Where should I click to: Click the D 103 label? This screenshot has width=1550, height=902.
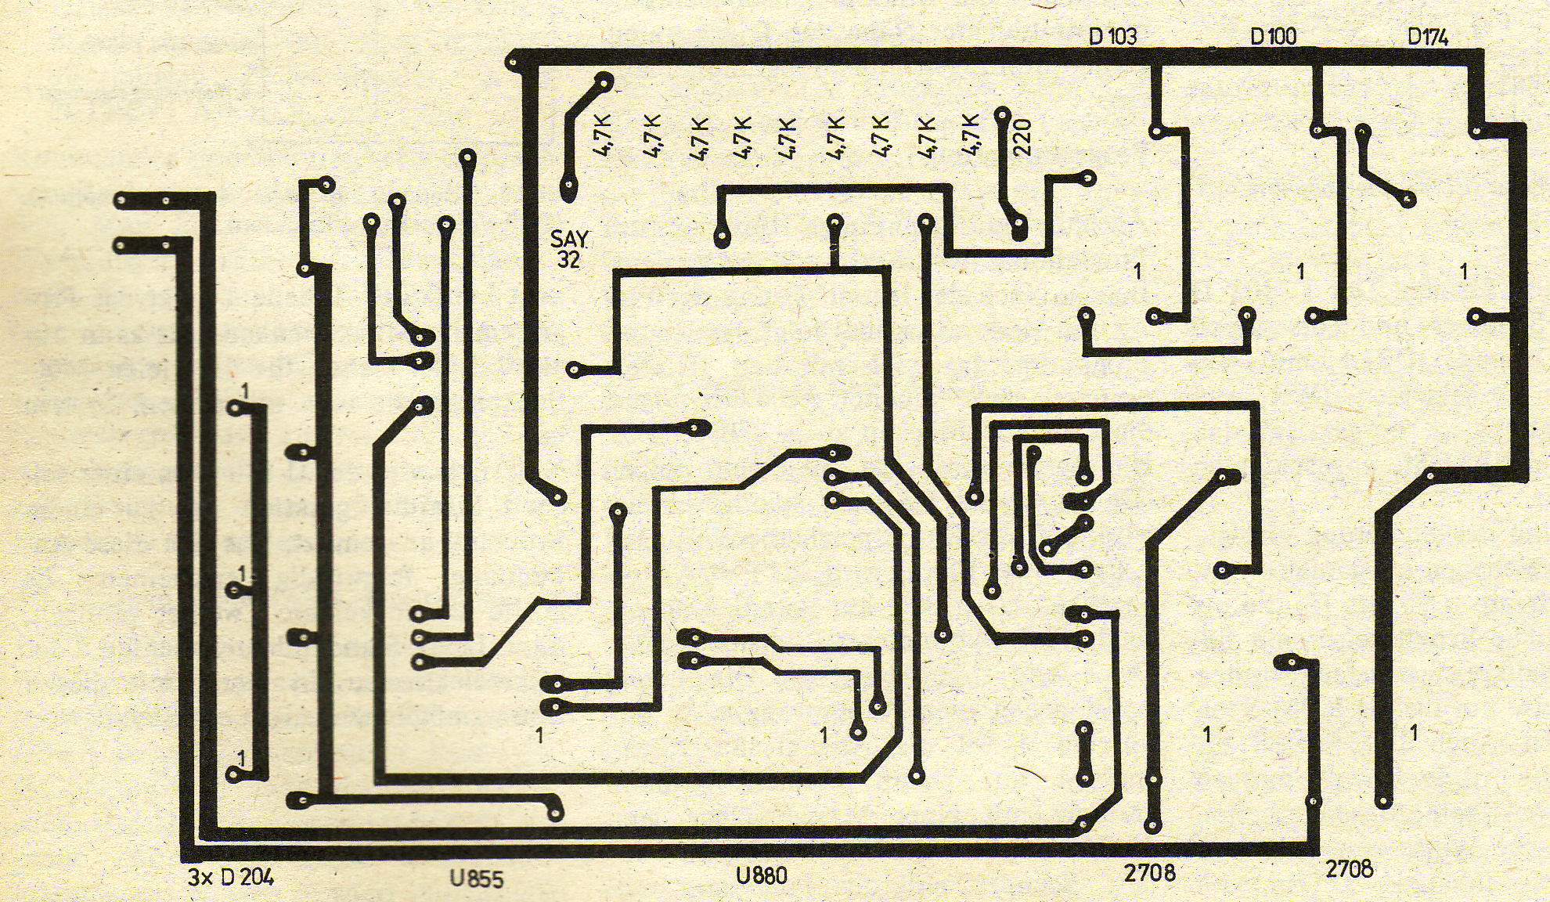1112,36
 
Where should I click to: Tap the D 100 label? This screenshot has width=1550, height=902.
1273,36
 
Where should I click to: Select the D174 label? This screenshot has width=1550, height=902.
1428,37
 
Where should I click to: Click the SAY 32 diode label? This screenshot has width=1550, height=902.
569,249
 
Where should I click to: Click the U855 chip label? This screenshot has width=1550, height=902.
476,879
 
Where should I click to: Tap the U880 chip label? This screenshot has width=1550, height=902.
761,875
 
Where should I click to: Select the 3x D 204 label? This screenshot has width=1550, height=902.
231,878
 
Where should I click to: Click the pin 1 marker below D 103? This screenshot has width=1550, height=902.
1137,272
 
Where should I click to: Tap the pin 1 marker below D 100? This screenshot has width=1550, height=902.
1300,272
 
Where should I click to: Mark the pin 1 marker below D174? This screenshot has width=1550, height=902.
1464,272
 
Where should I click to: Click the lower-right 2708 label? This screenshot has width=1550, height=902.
1349,868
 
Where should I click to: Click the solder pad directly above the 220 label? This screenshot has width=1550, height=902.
1002,115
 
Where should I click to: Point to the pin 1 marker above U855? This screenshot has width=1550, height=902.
539,735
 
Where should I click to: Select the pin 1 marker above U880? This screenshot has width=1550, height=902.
824,735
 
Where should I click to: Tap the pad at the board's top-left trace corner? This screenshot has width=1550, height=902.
514,60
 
